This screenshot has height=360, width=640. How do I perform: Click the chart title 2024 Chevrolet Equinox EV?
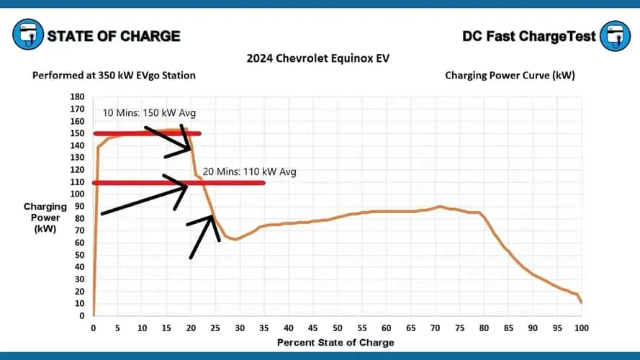319,58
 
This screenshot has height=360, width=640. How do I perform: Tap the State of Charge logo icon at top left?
27,35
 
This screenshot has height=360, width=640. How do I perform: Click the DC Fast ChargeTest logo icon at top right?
614,35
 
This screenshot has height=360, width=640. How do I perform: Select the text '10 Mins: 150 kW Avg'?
149,113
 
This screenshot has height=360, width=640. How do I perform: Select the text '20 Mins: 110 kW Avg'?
249,172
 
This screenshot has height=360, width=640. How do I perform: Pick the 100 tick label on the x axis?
582,328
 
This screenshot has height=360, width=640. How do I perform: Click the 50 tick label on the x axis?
337,328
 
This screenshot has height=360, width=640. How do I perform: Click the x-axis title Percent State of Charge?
336,343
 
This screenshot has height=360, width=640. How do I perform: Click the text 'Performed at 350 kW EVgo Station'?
114,75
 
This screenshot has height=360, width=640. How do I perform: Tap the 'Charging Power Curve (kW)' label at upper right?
509,75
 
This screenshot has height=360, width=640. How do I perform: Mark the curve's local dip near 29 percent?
235,239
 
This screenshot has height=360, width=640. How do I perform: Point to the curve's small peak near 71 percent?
440,206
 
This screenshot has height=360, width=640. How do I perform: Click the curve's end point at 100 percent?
581,302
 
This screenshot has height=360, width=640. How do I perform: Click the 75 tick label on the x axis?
459,328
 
